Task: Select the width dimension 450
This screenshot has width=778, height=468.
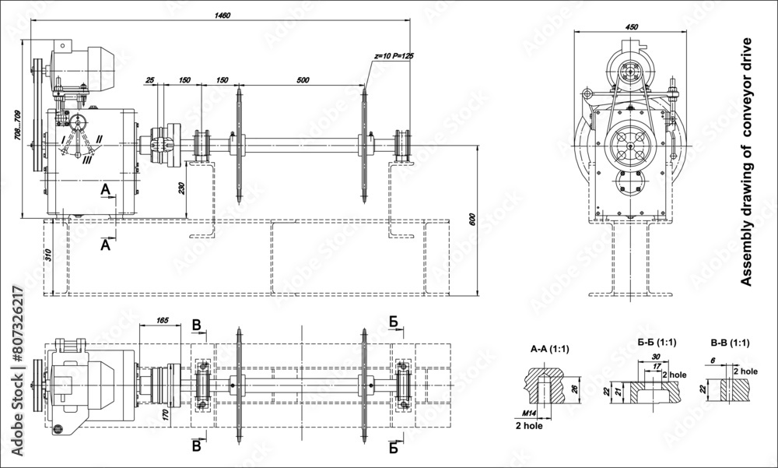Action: [632, 27]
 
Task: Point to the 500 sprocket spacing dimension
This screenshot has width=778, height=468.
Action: [303, 79]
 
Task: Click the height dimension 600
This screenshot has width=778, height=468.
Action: [471, 220]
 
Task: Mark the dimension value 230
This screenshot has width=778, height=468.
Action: [182, 188]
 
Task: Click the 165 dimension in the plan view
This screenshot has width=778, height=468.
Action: [163, 320]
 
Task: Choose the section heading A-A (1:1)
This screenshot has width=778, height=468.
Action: [549, 349]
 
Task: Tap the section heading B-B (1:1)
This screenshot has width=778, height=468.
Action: [730, 342]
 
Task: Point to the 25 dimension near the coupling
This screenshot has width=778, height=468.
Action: [150, 79]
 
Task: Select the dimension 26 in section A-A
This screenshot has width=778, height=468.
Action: [574, 389]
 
